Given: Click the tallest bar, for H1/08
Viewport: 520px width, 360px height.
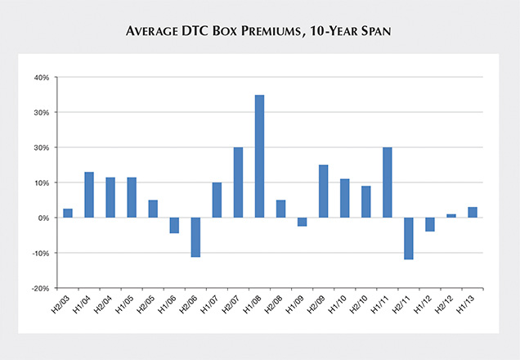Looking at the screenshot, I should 259,156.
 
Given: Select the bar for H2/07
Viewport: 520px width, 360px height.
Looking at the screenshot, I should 238,182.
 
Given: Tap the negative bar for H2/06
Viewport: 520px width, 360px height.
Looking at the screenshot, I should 195,237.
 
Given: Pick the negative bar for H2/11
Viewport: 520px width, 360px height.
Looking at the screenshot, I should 408,238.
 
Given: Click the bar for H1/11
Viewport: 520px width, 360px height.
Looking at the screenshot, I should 387,182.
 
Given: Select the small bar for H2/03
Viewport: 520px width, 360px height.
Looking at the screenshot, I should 68,214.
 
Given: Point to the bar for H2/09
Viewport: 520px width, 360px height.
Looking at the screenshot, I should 323,191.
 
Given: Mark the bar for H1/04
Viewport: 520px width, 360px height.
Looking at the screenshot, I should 89,195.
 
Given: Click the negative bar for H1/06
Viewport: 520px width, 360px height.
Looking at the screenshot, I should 174,226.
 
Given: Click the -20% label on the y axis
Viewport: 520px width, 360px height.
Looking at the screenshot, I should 39,289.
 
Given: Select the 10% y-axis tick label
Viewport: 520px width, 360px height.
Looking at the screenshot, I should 41,183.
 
